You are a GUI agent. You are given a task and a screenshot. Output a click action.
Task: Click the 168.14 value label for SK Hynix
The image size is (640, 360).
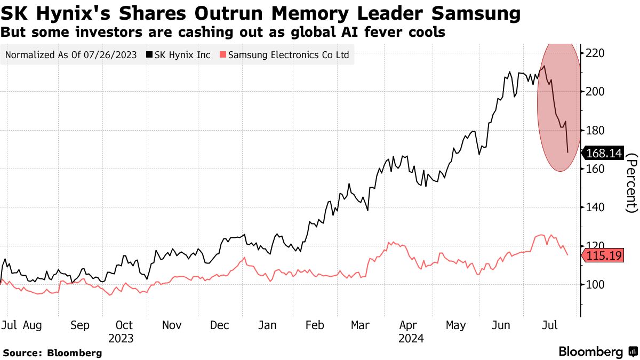[604, 154]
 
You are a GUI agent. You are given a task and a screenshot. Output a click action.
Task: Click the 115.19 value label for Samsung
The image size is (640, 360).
[604, 256]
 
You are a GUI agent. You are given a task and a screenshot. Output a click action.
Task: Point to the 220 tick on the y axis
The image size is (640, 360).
[595, 53]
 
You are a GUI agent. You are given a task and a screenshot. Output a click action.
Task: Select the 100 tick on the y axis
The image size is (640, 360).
[595, 285]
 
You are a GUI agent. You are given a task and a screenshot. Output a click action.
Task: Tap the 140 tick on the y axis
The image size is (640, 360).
[595, 207]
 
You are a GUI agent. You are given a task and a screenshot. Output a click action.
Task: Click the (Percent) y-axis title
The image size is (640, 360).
[631, 182]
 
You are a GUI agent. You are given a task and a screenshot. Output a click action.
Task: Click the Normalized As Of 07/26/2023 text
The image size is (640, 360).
[71, 55]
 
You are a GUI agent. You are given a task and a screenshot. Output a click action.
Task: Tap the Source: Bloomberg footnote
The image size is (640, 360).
[52, 353]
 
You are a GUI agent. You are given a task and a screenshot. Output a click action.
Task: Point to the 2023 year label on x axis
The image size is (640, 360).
[121, 338]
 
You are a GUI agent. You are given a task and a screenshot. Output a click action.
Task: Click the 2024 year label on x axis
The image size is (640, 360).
[411, 338]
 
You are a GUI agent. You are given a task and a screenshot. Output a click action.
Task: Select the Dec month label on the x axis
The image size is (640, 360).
[220, 325]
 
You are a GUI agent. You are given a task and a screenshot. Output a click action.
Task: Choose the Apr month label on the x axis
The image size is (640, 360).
[408, 325]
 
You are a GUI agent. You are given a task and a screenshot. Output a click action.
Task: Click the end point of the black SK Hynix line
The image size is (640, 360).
[567, 153]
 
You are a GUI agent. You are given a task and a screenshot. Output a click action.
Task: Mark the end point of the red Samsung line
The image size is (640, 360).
[567, 255]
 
